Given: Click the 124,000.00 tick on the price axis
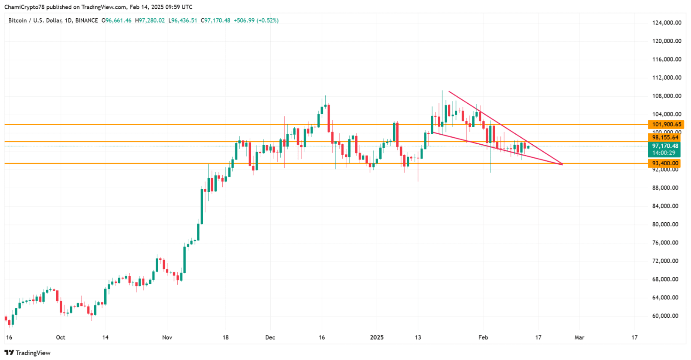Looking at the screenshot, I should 667,23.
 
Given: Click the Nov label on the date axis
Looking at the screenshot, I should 167,337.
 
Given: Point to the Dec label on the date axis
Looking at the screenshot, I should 270,337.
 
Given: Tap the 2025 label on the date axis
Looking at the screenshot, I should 377,337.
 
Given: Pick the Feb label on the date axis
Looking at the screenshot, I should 483,337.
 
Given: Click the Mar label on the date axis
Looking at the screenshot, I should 579,337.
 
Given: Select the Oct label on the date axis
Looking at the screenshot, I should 61,337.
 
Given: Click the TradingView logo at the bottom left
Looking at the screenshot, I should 27,353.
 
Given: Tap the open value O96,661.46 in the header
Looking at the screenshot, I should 116,20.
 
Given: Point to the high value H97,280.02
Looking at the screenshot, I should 150,20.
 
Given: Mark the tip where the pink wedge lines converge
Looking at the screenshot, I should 562,164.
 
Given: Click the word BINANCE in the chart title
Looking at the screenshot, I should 86,20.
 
